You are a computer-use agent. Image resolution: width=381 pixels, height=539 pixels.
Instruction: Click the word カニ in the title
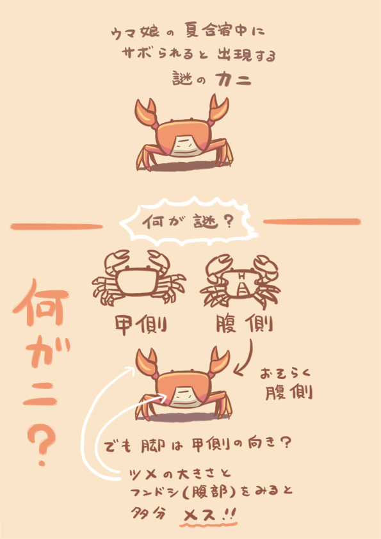click(x=233, y=80)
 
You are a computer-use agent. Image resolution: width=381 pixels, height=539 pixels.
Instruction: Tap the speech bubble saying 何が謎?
click(x=188, y=222)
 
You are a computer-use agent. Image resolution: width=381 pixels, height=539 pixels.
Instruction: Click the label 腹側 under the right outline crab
click(x=245, y=324)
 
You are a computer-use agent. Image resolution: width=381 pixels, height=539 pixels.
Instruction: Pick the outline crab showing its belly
click(x=240, y=280)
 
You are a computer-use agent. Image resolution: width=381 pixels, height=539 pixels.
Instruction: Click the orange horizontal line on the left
click(x=57, y=227)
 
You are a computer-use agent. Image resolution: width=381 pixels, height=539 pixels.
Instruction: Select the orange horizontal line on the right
click(x=312, y=221)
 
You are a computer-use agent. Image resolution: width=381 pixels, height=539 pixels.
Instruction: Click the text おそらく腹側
click(x=288, y=384)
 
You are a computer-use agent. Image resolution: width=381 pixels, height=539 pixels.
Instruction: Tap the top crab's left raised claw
click(x=146, y=112)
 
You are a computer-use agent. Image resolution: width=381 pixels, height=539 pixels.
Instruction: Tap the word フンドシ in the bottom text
click(x=152, y=494)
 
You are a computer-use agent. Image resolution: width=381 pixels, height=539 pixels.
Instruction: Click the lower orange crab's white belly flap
click(x=185, y=396)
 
